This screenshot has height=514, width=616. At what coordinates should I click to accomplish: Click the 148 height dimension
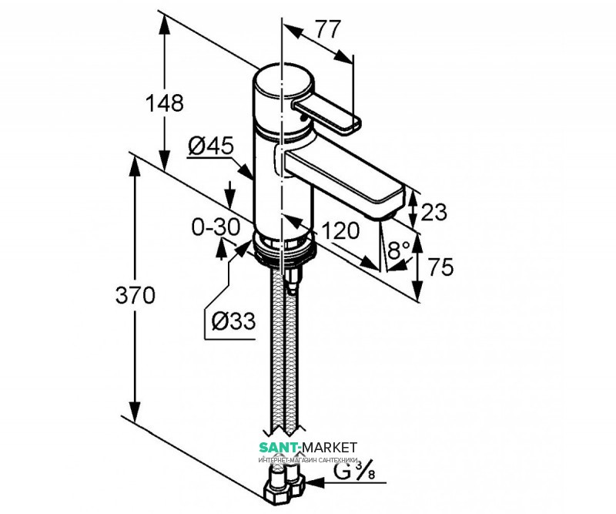tap(165, 103)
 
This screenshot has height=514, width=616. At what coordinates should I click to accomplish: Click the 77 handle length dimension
tap(328, 29)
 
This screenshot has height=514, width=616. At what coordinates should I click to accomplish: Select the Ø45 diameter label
tap(211, 146)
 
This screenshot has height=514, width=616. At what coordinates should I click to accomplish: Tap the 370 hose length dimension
tap(136, 295)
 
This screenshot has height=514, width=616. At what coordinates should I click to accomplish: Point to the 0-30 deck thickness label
tap(216, 227)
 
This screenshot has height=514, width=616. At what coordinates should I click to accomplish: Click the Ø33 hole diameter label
tap(234, 321)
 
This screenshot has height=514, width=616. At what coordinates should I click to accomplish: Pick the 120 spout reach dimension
tap(340, 230)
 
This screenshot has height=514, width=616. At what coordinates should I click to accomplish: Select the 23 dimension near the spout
tap(434, 213)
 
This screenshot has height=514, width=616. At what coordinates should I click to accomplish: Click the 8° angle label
tap(399, 250)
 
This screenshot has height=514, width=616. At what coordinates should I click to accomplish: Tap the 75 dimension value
tap(440, 267)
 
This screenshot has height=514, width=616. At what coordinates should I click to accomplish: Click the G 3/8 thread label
tap(354, 471)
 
